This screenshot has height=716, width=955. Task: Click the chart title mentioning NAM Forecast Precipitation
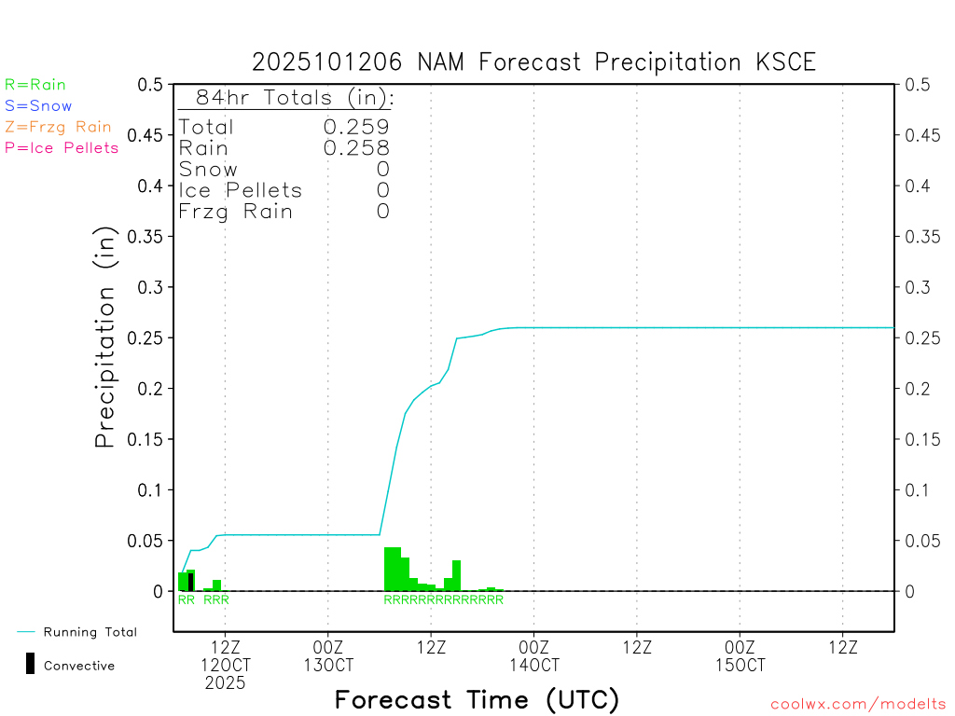click(x=533, y=62)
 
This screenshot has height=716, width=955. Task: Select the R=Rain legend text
click(x=35, y=85)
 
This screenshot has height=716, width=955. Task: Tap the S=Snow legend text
click(x=38, y=106)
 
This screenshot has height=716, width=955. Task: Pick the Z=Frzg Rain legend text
click(x=58, y=127)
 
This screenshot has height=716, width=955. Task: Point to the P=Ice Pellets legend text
click(x=62, y=147)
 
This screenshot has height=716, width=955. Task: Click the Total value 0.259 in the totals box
click(x=356, y=127)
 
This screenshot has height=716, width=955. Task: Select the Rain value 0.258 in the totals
click(x=356, y=148)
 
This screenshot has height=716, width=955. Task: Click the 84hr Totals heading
click(x=294, y=98)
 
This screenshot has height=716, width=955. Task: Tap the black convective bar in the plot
click(x=190, y=582)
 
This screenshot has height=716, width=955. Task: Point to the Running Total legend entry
click(x=90, y=632)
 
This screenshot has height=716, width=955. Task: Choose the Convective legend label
click(x=79, y=666)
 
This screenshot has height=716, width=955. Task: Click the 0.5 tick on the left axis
click(x=151, y=85)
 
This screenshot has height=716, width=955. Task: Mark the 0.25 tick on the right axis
click(x=919, y=337)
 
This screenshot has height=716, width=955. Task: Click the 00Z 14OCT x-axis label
click(x=533, y=656)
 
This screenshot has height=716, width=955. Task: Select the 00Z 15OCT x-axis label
click(x=740, y=656)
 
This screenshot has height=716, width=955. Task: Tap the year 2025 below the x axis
click(x=226, y=683)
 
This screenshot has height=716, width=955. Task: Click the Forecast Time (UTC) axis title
click(x=477, y=699)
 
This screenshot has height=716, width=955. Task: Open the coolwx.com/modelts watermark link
click(x=858, y=704)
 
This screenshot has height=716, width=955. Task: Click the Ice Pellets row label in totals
click(x=241, y=190)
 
